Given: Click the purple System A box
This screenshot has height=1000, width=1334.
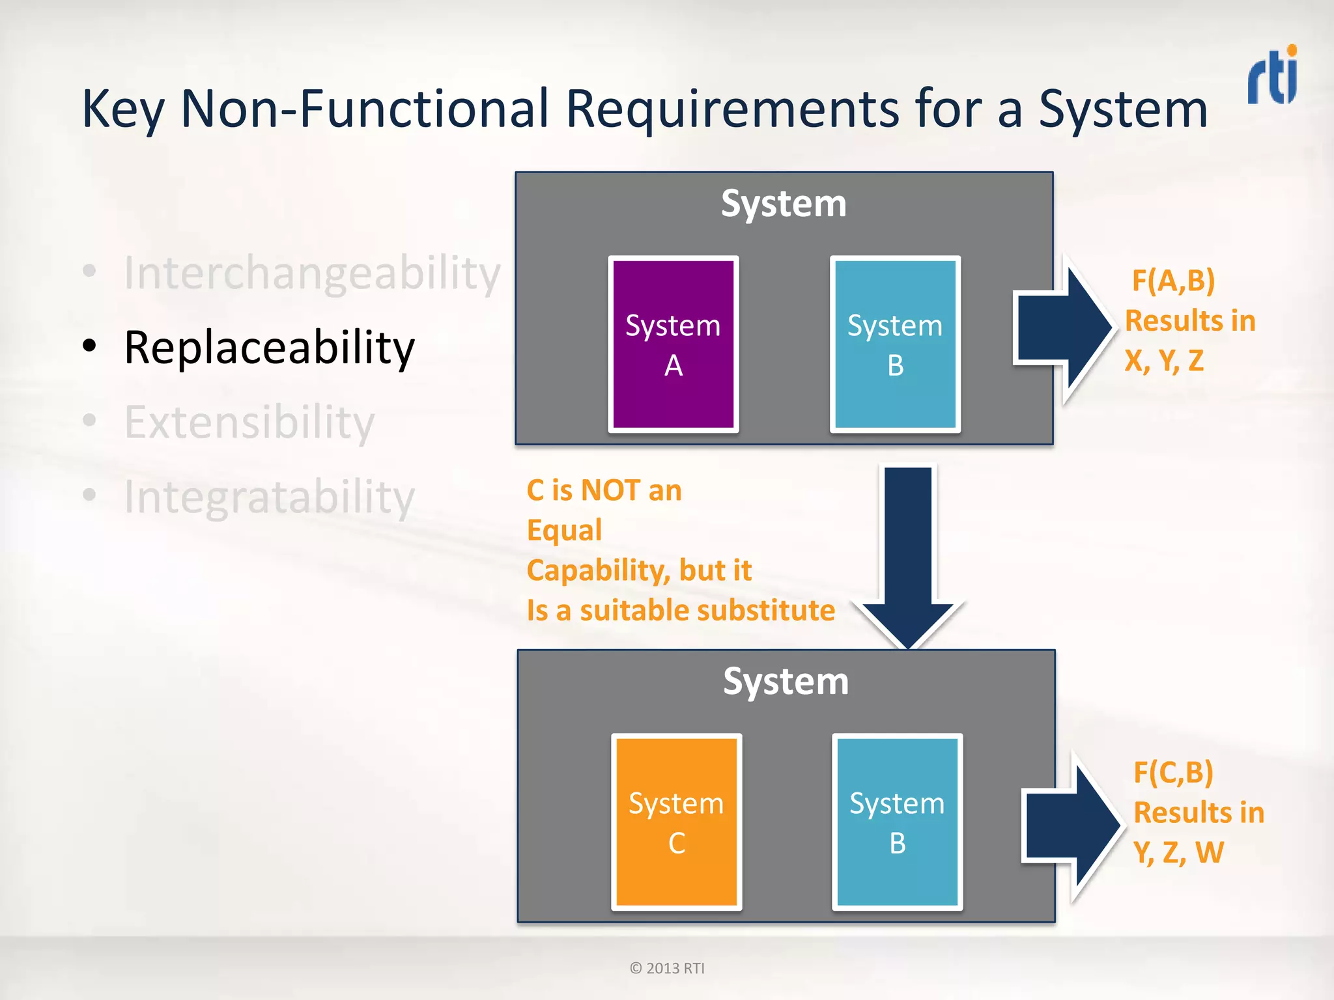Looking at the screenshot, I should pos(674,344).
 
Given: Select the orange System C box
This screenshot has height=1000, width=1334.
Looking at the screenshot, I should pos(676,822).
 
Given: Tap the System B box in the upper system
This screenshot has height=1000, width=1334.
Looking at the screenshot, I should pos(895,344).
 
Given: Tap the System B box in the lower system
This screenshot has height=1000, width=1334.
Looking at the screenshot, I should pos(897,822).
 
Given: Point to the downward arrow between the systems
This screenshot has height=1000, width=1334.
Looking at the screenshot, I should pos(909,553).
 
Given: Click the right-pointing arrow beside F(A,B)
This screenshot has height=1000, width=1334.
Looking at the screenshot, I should pos(1062,329).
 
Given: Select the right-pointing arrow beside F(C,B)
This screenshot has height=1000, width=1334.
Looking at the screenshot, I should pos(1070,826).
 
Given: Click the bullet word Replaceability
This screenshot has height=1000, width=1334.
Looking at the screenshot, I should pos(269,348).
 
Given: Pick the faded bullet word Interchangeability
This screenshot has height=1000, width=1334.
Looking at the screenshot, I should pos(312,273).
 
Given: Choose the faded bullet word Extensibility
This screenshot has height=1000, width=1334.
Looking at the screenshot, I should pos(249,423).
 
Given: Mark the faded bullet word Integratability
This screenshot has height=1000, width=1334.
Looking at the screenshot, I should pos(269,497).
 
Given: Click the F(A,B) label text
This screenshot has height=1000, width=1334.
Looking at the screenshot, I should pos(1173,281).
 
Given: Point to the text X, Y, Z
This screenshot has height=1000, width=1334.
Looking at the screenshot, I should pos(1164,360).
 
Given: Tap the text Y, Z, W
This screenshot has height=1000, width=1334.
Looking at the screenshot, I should pos(1178,852).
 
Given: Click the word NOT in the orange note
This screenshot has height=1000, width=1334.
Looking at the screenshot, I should pos(609,490).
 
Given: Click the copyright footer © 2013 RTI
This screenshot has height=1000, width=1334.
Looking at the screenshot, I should pos(667,968).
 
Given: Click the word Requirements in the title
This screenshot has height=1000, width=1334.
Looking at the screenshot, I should pos(733,109).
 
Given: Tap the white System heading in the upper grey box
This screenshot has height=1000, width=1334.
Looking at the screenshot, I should pos(784,204).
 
